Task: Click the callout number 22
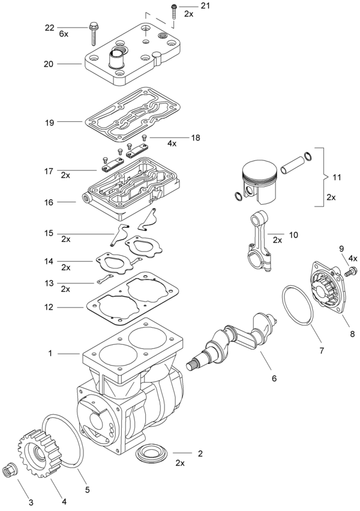click(x=49, y=28)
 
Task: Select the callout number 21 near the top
click(x=188, y=5)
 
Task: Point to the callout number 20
click(x=49, y=63)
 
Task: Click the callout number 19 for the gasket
click(x=49, y=122)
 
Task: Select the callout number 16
click(x=49, y=203)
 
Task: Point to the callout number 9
click(x=341, y=249)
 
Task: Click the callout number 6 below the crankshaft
click(x=274, y=379)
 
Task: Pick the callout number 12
click(x=49, y=307)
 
